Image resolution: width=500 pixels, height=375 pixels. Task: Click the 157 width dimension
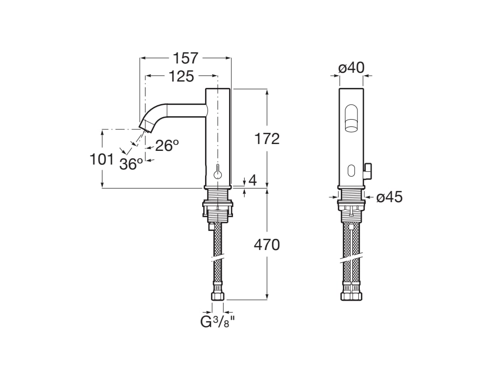[186, 58]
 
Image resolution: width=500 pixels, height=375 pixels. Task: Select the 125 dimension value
[182, 76]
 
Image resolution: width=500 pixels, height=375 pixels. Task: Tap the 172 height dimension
[267, 139]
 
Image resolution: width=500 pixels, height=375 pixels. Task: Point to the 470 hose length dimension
[267, 245]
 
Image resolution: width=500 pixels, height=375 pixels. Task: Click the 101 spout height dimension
[102, 159]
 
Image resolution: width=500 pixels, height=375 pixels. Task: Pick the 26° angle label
[167, 146]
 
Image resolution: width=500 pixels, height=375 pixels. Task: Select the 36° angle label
[131, 164]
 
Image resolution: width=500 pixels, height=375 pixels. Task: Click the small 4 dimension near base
[252, 180]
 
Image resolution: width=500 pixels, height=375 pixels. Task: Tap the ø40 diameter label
[352, 67]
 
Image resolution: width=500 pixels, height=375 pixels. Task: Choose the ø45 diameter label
[389, 197]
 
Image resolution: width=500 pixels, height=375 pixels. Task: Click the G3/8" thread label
[218, 322]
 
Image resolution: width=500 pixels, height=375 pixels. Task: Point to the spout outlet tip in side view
[146, 126]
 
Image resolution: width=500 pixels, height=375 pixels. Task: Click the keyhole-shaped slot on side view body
[218, 172]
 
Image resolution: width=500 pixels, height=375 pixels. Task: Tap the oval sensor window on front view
[351, 170]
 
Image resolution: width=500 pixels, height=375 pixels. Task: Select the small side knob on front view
[369, 169]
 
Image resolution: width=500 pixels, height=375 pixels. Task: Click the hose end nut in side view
[218, 295]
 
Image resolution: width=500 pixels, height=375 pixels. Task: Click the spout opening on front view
[351, 119]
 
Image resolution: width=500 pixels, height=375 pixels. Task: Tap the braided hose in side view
[218, 254]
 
